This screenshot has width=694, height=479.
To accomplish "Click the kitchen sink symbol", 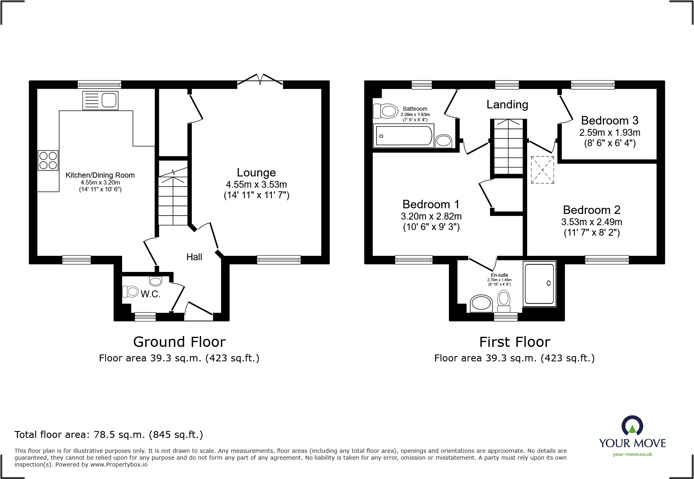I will (100, 100).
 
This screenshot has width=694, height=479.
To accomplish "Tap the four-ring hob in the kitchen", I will (48, 160).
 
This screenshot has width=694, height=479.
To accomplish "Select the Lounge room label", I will (256, 172).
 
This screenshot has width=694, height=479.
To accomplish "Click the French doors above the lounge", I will (260, 80).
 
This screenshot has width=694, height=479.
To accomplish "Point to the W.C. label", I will (150, 294).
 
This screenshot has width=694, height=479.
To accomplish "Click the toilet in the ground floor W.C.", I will (130, 291).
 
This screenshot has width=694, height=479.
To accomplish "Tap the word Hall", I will (194, 257).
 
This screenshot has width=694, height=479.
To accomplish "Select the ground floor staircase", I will (173, 197).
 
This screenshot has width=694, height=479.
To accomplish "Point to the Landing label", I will (507, 104).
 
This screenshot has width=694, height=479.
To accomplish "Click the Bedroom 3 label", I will (609, 120).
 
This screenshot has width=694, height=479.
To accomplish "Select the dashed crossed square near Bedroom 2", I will (542, 170).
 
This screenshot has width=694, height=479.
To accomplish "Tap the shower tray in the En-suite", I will (539, 284).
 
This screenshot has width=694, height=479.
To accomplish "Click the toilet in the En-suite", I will (504, 301).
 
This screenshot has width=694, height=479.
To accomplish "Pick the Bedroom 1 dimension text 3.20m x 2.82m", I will (431, 216).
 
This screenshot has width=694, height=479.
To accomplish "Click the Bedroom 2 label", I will (591, 210).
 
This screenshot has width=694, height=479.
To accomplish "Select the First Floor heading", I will (515, 342).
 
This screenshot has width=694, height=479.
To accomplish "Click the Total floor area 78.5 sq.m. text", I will (109, 435).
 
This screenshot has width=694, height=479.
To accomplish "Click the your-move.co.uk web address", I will (632, 454).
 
